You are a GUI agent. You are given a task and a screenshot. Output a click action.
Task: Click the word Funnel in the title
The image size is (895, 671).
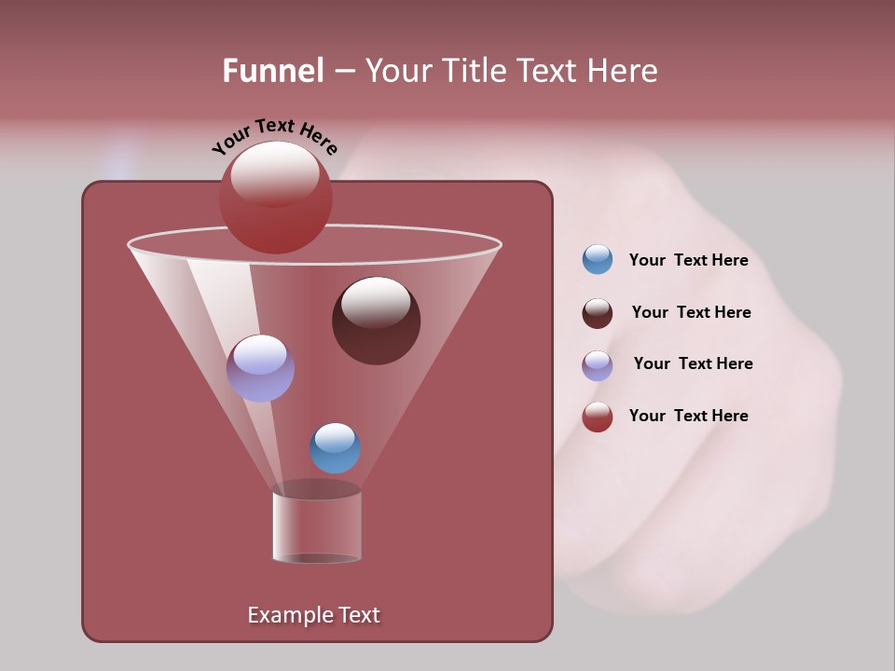click(x=273, y=71)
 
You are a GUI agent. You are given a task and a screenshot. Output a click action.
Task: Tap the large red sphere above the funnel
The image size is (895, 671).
click(x=275, y=198)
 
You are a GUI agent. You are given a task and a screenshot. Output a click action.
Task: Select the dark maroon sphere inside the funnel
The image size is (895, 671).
click(x=376, y=321)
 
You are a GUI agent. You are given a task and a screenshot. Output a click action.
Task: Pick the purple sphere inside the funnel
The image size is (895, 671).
click(x=260, y=368)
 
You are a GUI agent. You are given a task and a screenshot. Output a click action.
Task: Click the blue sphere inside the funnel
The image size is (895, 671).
click(x=335, y=448)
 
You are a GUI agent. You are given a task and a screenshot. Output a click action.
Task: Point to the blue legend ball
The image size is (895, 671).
click(x=598, y=259)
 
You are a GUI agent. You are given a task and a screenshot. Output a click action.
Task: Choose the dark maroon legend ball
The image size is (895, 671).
click(x=598, y=313)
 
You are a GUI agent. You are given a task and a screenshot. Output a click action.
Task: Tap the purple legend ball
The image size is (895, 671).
click(x=598, y=365)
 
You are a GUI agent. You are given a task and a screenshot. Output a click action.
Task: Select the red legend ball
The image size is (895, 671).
click(x=598, y=417)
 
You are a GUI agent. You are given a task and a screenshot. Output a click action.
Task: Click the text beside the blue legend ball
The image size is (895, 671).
click(x=688, y=261)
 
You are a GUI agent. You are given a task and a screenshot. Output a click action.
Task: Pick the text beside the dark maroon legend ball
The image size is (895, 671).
click(x=691, y=313)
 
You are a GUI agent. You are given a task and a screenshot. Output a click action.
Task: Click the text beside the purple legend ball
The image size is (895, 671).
click(x=693, y=364)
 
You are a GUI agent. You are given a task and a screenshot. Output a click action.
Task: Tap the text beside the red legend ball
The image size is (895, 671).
click(x=688, y=416)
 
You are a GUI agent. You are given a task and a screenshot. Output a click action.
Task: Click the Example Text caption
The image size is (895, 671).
click(x=313, y=615)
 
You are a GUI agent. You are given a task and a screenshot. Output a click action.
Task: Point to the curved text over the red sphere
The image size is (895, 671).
click(x=274, y=135)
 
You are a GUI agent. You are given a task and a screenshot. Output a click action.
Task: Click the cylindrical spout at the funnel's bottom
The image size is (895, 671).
click(x=317, y=527)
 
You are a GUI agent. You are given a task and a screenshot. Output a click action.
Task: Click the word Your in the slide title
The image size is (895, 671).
click(x=398, y=71)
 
